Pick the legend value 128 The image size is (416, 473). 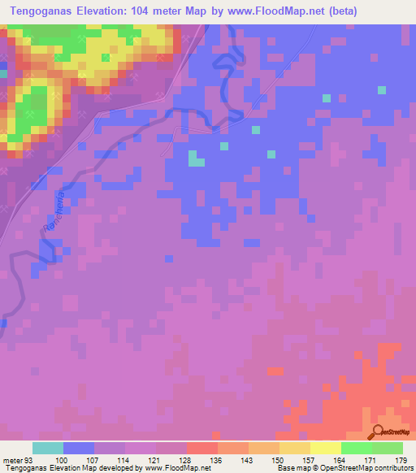(186, 460)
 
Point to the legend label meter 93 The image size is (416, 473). (19, 460)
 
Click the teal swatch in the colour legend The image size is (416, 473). (47, 448)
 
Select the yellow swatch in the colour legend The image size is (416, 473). (325, 448)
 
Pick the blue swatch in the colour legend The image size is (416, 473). (78, 448)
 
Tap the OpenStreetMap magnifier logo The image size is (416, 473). (378, 432)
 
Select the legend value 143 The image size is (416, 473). (248, 460)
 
